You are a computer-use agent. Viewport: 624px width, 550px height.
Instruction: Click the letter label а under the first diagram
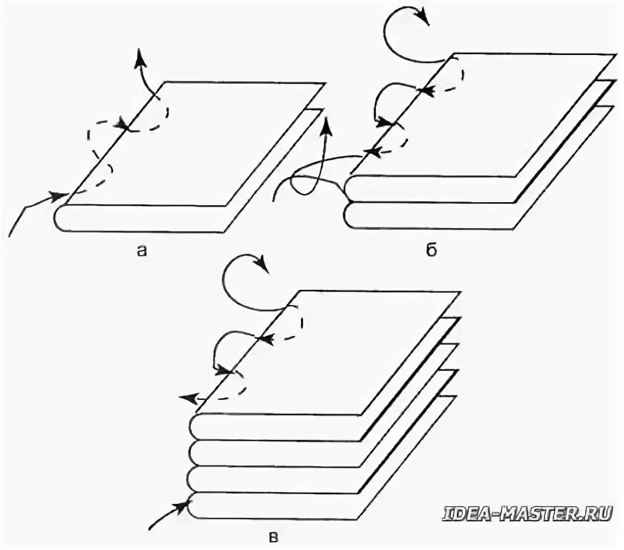(141, 251)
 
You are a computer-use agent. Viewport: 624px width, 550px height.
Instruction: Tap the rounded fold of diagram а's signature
(61, 218)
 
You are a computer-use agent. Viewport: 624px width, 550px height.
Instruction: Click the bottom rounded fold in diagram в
(195, 506)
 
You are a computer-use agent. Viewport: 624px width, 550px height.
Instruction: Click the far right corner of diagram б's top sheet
(616, 54)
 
